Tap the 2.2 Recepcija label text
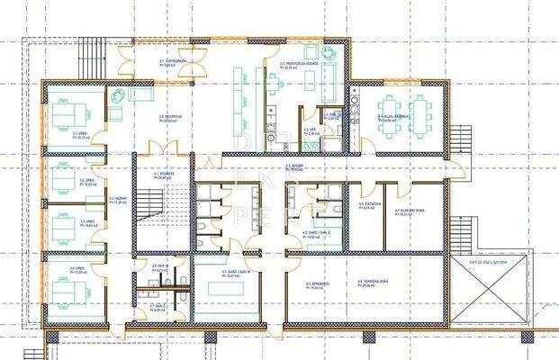pyautogui.click(x=173, y=118)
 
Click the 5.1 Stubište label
pyautogui.click(x=162, y=175)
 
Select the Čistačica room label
pyautogui.click(x=366, y=206)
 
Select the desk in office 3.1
pyautogui.click(x=65, y=115)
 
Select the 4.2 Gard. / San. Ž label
pyautogui.click(x=313, y=233)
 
